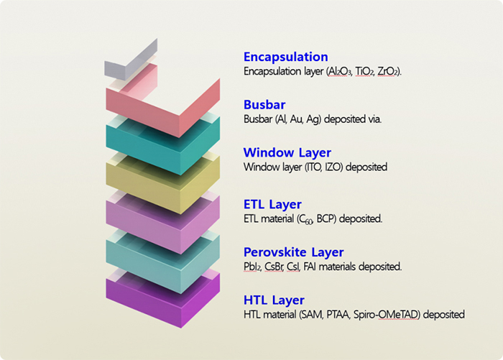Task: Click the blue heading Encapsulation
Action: click(285, 57)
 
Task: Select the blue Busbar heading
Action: click(264, 105)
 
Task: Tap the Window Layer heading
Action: click(287, 153)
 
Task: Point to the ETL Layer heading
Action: click(272, 205)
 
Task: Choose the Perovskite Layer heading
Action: click(293, 252)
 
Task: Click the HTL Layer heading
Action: click(274, 300)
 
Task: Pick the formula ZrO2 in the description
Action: click(387, 71)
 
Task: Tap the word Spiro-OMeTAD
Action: click(387, 315)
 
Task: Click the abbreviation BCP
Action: click(326, 219)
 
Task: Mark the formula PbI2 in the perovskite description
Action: click(252, 267)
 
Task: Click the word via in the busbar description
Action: click(374, 119)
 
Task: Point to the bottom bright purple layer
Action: click(163, 300)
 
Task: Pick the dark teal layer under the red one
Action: click(163, 146)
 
